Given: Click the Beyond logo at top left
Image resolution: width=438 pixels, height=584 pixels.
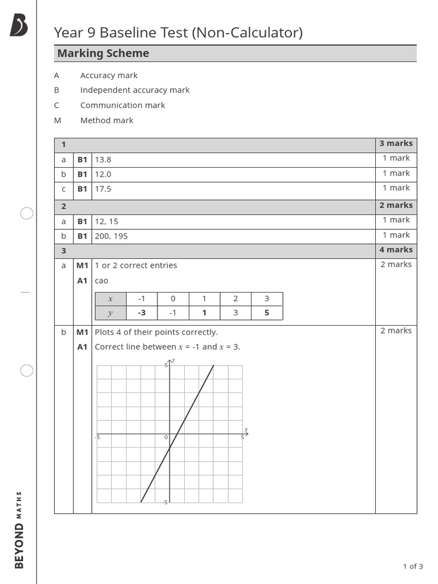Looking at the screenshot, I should coord(19,26).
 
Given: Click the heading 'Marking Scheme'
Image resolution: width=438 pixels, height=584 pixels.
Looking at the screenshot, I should coord(103,54).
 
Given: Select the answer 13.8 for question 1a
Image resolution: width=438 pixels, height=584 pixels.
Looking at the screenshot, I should coord(103,160).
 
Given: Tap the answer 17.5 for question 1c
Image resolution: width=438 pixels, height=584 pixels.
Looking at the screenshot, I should coord(103,189).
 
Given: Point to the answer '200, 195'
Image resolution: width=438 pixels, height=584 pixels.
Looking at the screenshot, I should coord(111,236).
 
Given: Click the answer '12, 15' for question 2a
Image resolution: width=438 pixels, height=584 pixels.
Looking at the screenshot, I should coord(107,221).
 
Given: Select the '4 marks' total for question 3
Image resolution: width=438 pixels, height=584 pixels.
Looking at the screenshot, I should coord(396,250).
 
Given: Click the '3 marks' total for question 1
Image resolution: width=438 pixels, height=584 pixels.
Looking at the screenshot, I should coord(396,144).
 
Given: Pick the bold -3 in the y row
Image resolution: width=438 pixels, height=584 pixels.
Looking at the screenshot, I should coord(141,313).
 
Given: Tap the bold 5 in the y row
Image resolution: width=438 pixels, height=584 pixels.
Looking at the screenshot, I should coord(266,313).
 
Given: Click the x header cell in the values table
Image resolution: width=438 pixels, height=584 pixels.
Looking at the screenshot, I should coord(111,298).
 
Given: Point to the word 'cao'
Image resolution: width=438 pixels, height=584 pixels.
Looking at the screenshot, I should coord(102,281).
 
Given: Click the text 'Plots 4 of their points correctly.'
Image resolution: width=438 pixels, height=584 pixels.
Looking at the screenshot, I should coord(156,332).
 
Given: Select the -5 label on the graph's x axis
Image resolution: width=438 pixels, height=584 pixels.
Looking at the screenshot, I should coord(98,437).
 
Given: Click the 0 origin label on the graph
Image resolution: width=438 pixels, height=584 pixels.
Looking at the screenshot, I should coord(166,437).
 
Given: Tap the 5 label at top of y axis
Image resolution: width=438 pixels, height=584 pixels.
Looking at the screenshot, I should coord(166,364).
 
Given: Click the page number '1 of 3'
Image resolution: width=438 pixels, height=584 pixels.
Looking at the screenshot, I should coord(413,566).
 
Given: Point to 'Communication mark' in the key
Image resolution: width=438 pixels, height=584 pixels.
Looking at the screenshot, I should coord(123,106).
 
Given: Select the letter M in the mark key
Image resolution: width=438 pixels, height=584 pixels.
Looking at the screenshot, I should coord(56,120).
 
